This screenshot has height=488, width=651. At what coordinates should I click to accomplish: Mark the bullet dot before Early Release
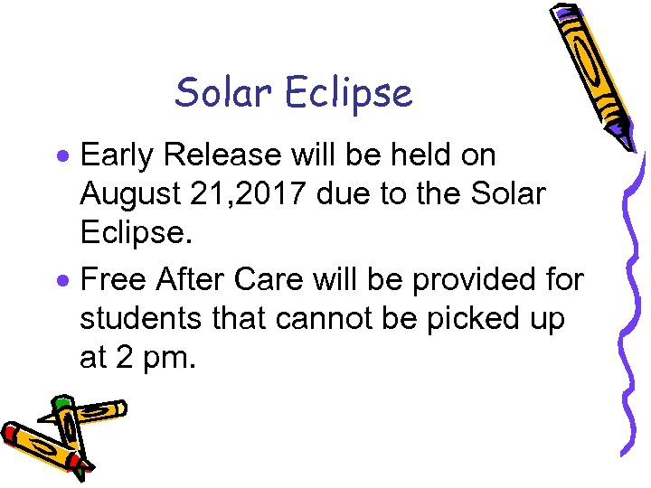coord(65,157)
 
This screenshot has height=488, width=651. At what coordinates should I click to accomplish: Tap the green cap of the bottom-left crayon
coord(62,403)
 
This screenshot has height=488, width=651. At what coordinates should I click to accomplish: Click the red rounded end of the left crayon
coord(11,433)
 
